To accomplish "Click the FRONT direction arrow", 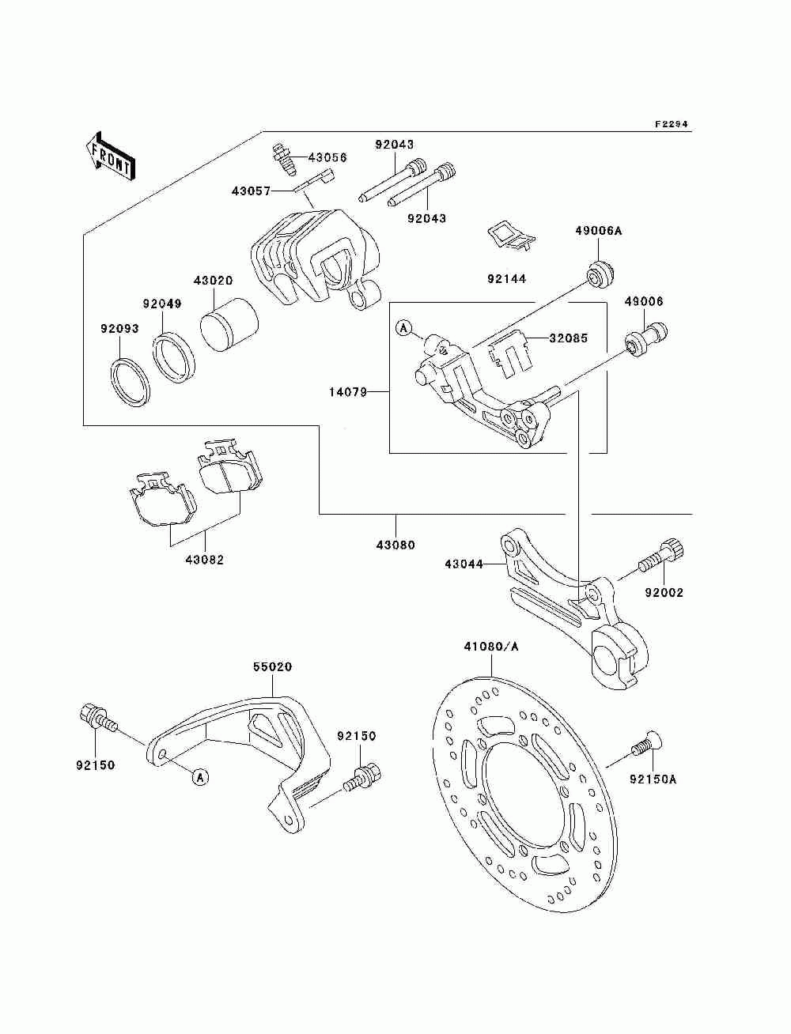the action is tap(111, 156).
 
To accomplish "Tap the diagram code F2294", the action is tap(672, 124).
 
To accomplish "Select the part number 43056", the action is tap(327, 157).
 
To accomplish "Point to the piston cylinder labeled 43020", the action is tap(229, 325).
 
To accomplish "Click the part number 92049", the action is tap(162, 304).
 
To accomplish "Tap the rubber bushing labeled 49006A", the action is tap(601, 273).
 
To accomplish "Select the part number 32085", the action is tap(568, 338).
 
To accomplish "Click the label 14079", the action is tap(348, 391).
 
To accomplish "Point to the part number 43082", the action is tap(205, 560).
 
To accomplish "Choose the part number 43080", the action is tap(395, 545).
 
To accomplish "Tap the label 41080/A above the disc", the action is tap(490, 647).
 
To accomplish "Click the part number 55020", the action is tap(272, 666).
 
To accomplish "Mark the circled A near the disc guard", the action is tap(201, 776).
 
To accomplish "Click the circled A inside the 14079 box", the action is tap(403, 327).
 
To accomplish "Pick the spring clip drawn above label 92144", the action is tap(511, 237).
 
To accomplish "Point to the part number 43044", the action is tap(464, 564).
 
